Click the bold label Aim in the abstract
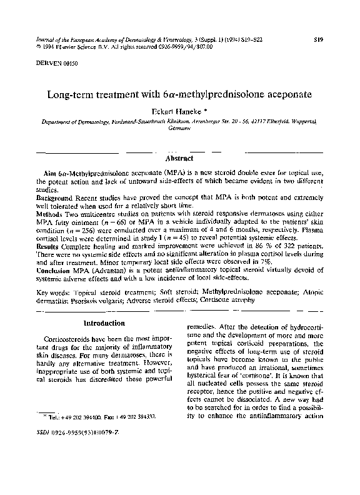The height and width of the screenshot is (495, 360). (x=49, y=171)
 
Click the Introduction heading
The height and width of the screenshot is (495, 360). (x=104, y=323)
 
